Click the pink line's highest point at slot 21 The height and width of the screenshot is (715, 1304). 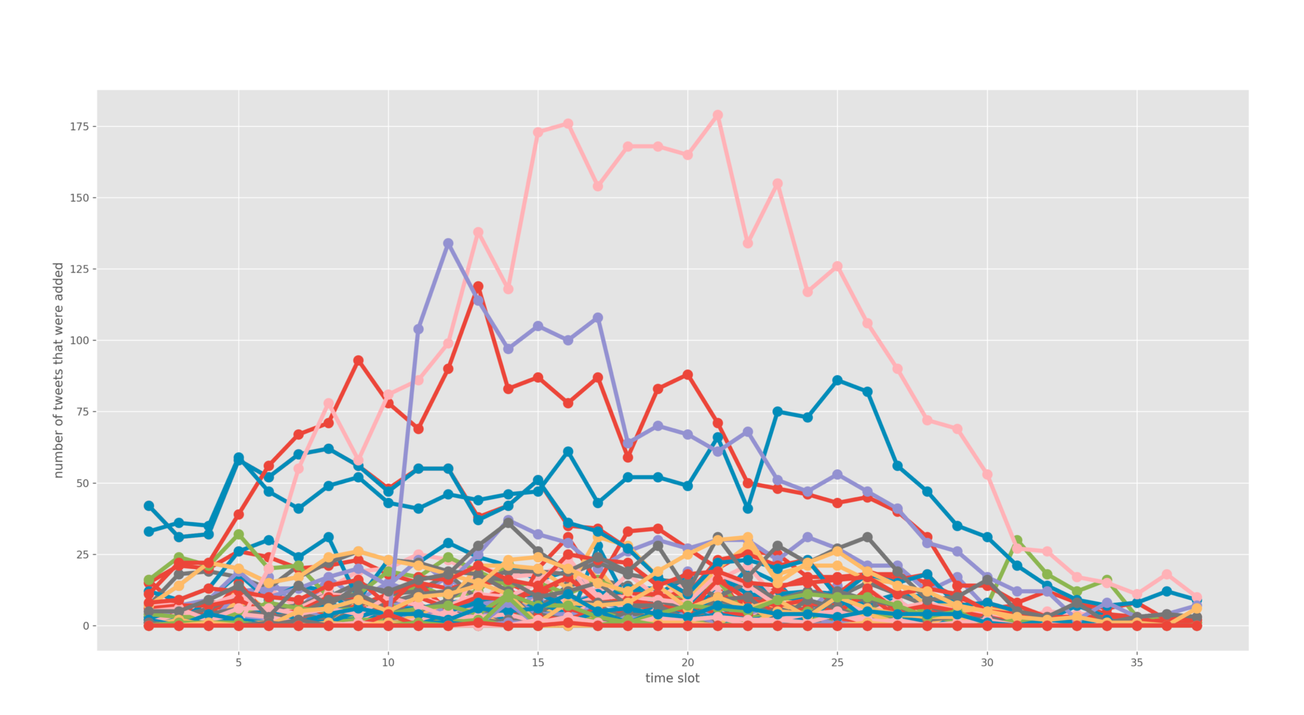(718, 115)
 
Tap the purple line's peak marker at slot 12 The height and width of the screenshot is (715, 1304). (448, 243)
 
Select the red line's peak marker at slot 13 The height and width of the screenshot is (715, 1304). (478, 287)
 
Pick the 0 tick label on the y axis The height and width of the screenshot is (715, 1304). (85, 626)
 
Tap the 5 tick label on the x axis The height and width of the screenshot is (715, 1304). (239, 663)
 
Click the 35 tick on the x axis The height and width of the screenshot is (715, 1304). (1137, 663)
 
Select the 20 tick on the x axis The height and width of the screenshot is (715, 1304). (688, 663)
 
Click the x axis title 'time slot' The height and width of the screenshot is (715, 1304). (672, 679)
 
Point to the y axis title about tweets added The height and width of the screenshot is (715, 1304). (58, 370)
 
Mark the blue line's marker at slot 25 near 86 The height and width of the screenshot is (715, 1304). (837, 380)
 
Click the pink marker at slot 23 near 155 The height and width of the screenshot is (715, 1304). (777, 183)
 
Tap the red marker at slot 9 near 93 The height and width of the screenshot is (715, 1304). (358, 360)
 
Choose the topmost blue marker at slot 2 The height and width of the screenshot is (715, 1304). (149, 506)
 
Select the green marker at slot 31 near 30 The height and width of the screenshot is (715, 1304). (1017, 540)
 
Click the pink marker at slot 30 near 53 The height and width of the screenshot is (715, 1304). (987, 474)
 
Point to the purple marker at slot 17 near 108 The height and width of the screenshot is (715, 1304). (598, 318)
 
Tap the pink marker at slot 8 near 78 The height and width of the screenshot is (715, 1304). (329, 403)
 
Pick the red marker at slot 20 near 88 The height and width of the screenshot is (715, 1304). (688, 374)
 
